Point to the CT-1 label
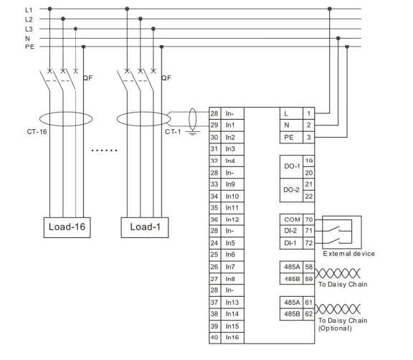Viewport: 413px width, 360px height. click(x=173, y=133)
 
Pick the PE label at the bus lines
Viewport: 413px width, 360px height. click(x=9, y=47)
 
